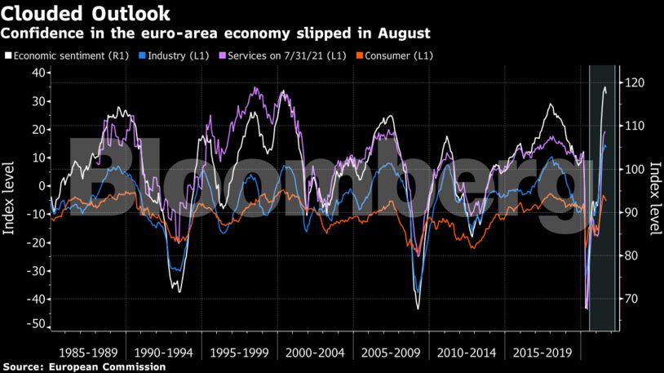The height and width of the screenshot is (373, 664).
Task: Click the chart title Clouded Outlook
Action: point(86,13)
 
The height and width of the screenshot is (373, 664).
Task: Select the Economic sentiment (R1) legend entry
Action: point(68,56)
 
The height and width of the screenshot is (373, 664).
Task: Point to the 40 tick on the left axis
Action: point(36,73)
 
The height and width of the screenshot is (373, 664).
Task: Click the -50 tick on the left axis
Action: point(33,325)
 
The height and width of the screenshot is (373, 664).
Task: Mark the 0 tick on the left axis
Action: point(39,185)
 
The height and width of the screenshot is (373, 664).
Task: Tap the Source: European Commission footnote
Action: point(84,367)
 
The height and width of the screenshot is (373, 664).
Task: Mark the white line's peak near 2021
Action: point(604,87)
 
